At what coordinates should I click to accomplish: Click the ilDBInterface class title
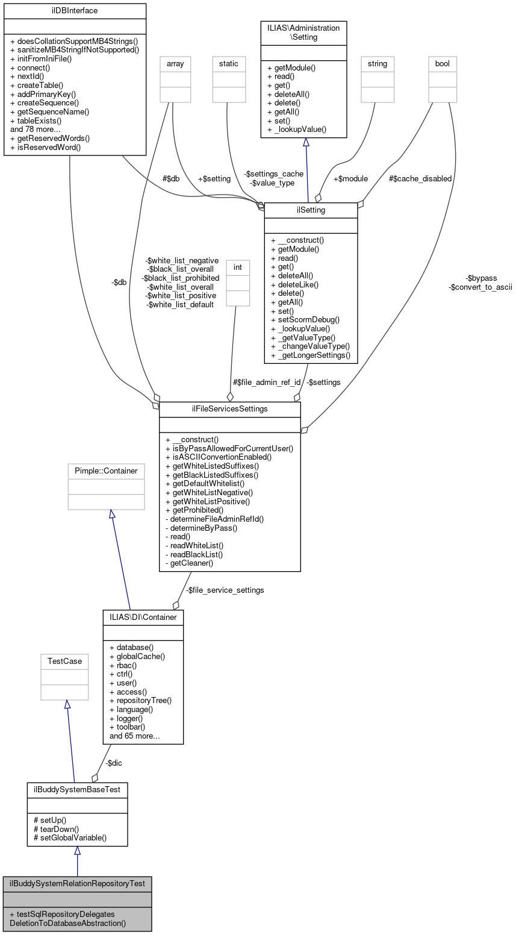pos(75,11)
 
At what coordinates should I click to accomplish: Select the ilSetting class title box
pos(311,210)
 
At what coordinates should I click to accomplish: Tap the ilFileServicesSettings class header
pos(229,410)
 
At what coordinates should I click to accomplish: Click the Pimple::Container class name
pos(106,471)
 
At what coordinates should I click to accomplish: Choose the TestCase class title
pos(64,661)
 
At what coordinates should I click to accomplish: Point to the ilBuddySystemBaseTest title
pos(77,789)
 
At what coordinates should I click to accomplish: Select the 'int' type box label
pos(237,266)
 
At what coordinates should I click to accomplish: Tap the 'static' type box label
pos(229,63)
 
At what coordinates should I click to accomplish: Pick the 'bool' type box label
pos(443,63)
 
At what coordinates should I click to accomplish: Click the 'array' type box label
pos(175,63)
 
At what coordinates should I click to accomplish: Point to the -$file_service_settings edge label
pos(225,590)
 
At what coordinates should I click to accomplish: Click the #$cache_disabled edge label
pos(420,178)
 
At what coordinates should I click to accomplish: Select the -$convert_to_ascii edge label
pos(480,287)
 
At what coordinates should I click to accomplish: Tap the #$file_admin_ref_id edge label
pos(266,382)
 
